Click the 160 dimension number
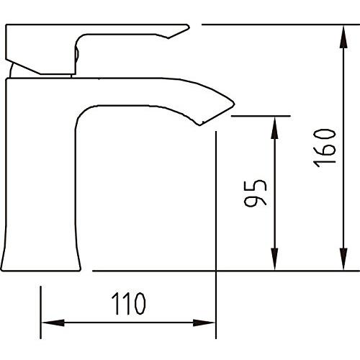pos(325,148)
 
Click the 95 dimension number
pos(255,194)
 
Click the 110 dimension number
pos(128,304)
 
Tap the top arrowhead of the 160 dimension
pos(343,37)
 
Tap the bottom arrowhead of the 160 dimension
pos(343,258)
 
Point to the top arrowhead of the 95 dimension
pos(274,127)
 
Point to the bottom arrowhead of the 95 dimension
pos(274,259)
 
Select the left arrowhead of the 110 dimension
pos(53,323)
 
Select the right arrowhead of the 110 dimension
pos(204,323)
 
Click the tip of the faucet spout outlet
pos(199,125)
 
